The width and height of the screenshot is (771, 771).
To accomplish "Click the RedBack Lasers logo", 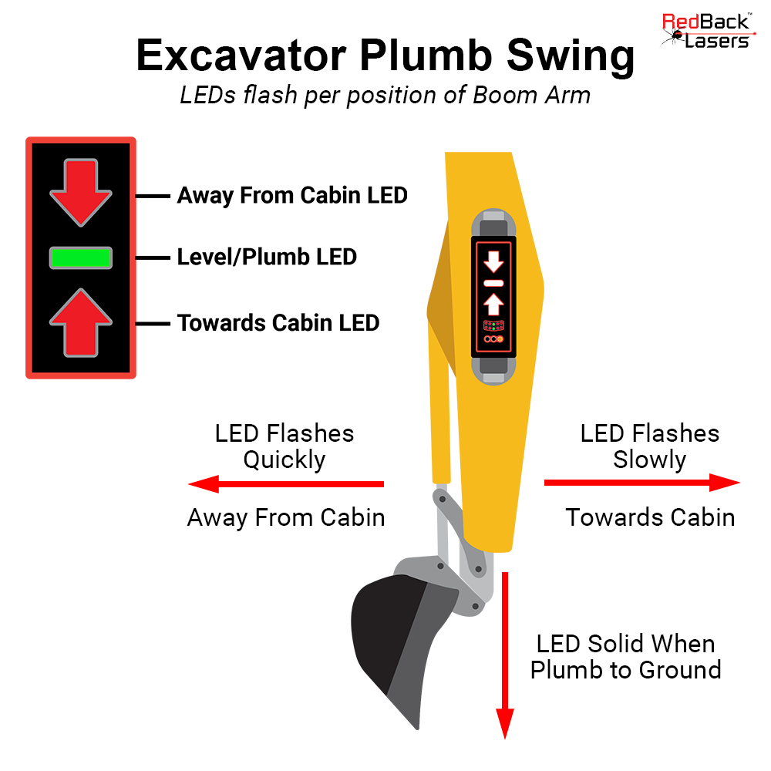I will [706, 32].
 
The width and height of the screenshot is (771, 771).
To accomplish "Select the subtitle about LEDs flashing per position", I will [385, 96].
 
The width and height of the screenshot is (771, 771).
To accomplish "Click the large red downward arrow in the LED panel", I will [81, 190].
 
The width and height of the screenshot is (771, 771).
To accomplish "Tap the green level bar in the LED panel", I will [81, 258].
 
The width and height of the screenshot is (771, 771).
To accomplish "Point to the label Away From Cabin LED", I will [292, 196].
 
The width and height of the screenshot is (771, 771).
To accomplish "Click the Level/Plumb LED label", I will [267, 257].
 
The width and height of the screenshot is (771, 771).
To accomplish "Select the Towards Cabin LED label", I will [278, 322].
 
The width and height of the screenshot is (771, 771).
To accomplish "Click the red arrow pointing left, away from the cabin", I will [286, 484].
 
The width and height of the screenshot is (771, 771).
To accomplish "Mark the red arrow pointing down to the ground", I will [504, 655].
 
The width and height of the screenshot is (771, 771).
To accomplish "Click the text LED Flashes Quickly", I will [284, 446].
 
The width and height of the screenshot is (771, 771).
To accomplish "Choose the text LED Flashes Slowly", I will [649, 446].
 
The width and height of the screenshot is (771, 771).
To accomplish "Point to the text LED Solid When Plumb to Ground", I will [625, 656].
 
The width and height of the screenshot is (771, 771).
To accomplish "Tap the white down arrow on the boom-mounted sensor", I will [493, 262].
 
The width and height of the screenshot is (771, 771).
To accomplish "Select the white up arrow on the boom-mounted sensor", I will [493, 303].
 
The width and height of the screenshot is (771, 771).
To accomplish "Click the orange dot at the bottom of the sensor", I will [501, 339].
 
